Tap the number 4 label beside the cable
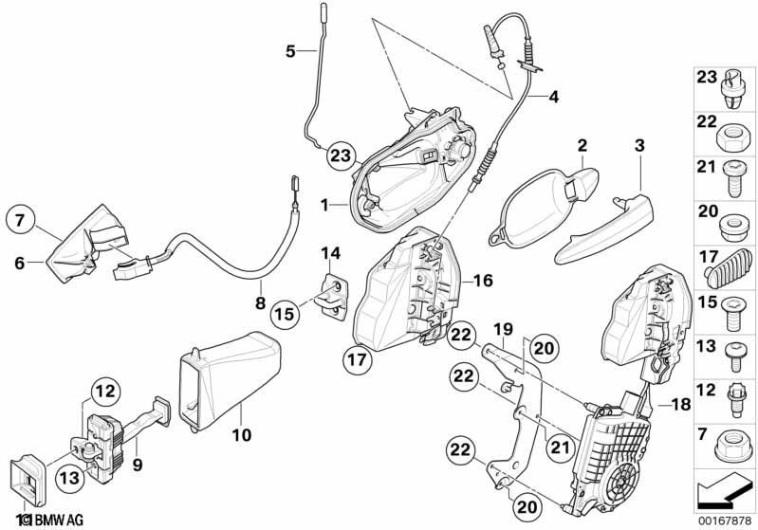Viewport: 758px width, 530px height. pyautogui.click(x=554, y=96)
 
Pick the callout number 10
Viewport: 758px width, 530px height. pyautogui.click(x=241, y=435)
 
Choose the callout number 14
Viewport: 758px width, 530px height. pyautogui.click(x=329, y=252)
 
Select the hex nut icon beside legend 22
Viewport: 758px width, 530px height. pyautogui.click(x=730, y=133)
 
